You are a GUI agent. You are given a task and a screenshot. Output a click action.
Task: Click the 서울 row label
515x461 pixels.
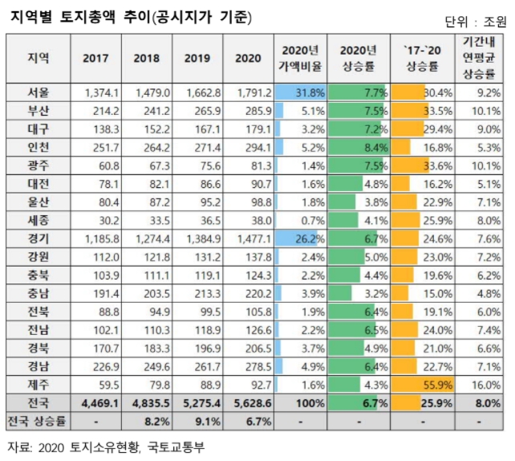38,93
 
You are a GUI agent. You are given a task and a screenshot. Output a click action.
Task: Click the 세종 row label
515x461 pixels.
38,220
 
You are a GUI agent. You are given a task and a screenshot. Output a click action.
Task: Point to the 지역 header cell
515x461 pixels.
38,58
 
